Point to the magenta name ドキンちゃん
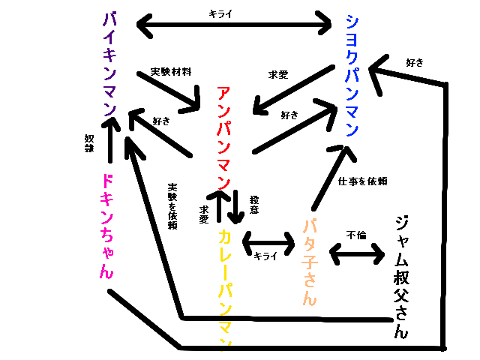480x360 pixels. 106,225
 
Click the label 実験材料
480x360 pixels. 171,72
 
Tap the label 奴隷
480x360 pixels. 89,142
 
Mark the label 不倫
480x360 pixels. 356,235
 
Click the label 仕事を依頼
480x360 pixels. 362,181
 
